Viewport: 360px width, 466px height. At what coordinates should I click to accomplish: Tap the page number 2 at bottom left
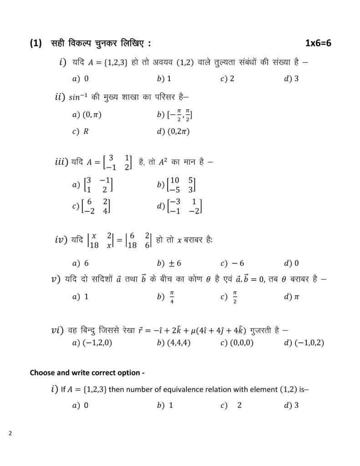(10, 433)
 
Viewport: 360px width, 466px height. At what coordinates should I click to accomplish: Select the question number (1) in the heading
(36, 44)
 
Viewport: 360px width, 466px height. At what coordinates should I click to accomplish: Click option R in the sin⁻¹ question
(86, 132)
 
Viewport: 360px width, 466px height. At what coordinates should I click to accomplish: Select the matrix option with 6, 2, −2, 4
(96, 206)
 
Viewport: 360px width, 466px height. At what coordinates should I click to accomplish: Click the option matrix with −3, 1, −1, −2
(184, 206)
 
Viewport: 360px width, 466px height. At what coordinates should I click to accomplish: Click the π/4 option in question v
(172, 297)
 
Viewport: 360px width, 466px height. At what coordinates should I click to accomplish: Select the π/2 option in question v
(235, 297)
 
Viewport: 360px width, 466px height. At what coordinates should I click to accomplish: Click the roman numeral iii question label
(61, 162)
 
